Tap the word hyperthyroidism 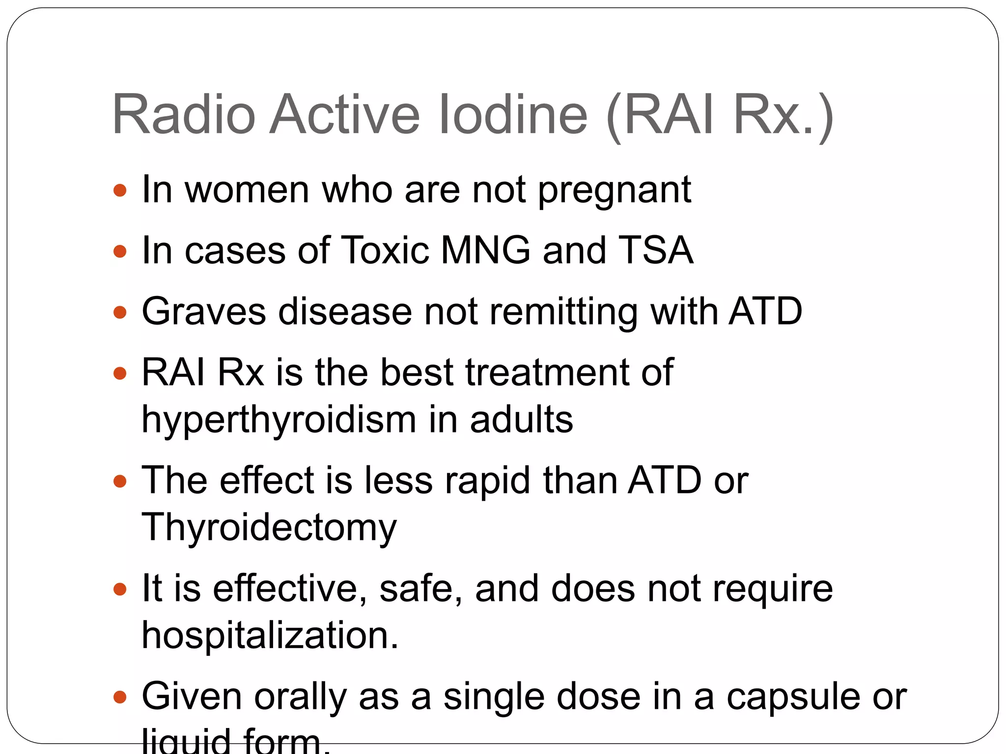279,420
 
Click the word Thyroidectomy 269,528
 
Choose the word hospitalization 270,635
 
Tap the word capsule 793,697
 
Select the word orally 301,697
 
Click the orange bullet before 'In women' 120,190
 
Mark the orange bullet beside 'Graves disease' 120,312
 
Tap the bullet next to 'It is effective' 120,589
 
